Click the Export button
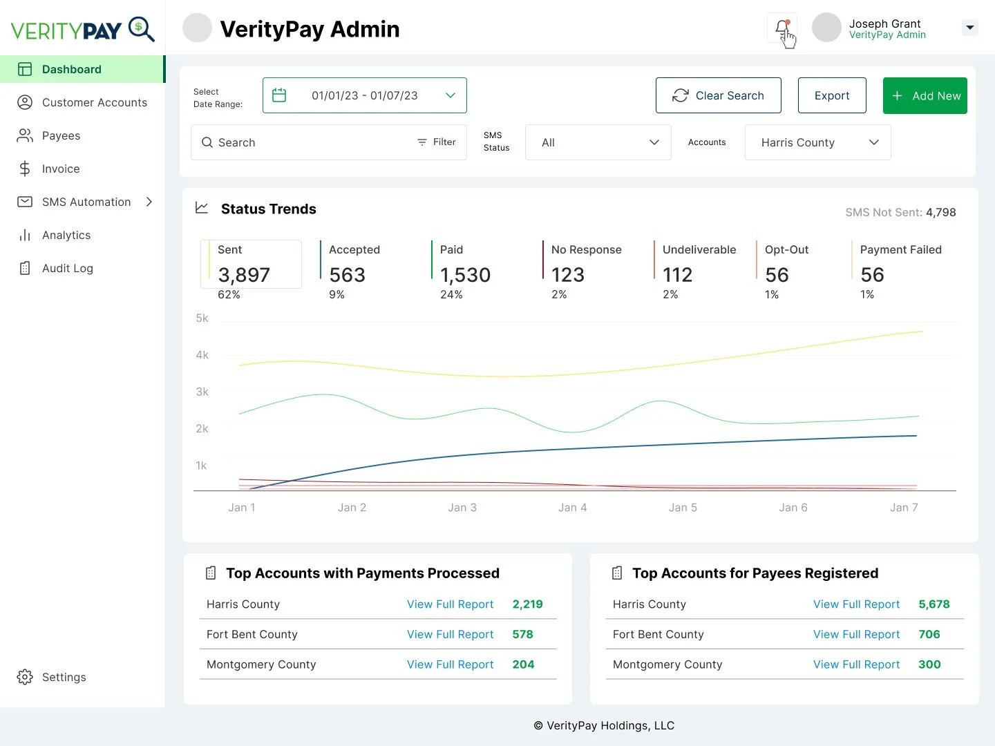click(832, 96)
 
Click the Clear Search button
click(718, 96)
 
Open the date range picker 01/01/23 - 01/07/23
click(364, 96)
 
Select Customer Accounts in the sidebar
click(94, 103)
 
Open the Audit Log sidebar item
click(67, 269)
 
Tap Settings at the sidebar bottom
click(64, 678)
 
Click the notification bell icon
click(781, 28)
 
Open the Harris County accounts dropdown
click(817, 143)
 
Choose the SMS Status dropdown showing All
click(598, 143)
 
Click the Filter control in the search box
click(437, 142)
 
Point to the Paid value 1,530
click(465, 276)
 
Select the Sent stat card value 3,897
click(244, 276)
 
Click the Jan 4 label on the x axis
click(572, 508)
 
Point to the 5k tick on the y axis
click(202, 318)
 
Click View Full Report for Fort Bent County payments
click(450, 635)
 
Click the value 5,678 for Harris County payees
click(934, 604)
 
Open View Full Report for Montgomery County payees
click(856, 664)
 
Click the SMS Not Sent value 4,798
click(940, 213)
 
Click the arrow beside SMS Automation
click(149, 202)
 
